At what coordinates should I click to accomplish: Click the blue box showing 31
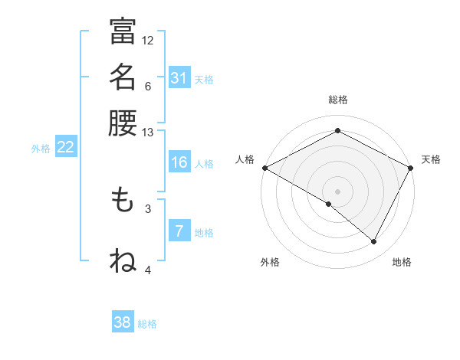coord(179,78)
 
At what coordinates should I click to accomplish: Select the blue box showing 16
coord(179,163)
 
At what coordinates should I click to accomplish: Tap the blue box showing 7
coord(179,231)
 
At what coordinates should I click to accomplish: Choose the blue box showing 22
coord(65,148)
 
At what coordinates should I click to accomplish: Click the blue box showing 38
coord(123,322)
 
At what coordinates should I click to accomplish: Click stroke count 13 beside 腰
coord(148,133)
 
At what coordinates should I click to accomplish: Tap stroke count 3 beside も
coord(148,208)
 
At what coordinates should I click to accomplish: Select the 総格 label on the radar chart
coord(338,100)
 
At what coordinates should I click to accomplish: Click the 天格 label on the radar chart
coord(431,159)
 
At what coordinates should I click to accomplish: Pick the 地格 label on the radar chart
coord(402,262)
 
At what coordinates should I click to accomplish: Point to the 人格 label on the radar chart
coord(245,159)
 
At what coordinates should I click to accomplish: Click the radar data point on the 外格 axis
coord(329,205)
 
